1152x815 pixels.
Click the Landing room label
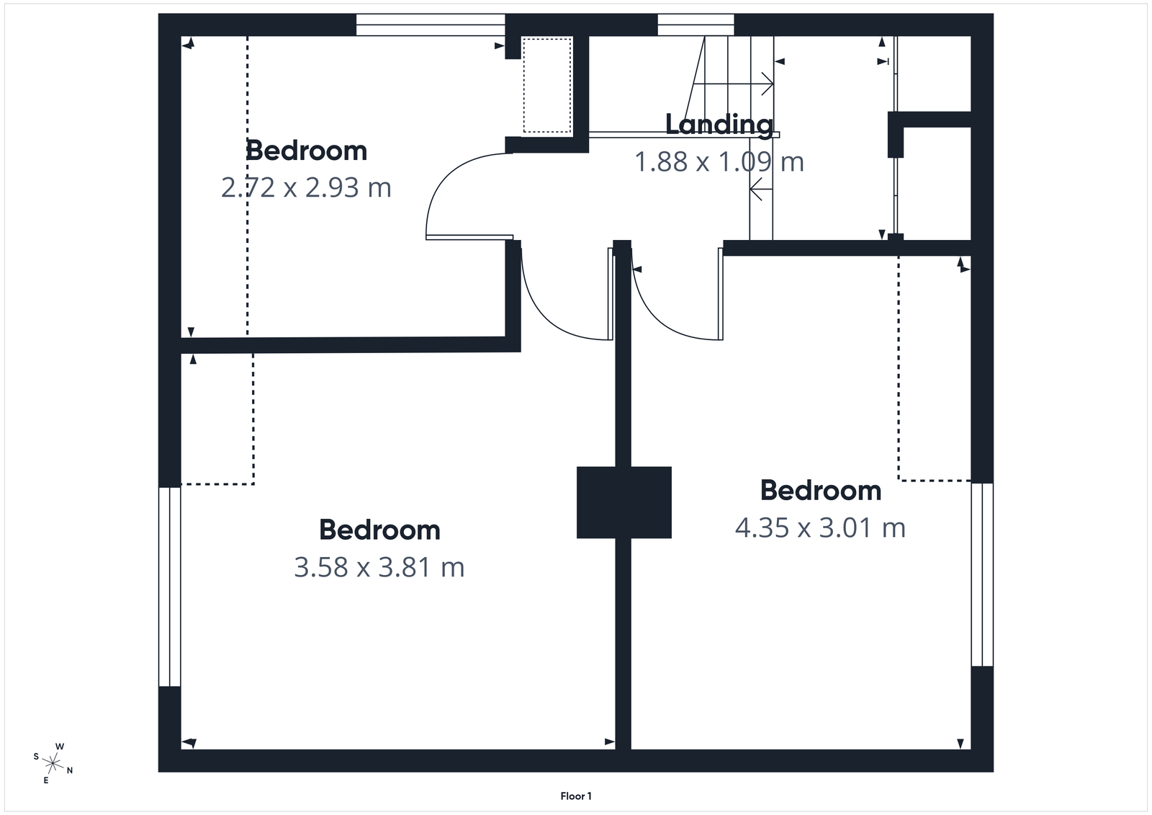[x=719, y=125]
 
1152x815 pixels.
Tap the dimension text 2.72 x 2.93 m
[x=306, y=188]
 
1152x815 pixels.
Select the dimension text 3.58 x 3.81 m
[x=379, y=568]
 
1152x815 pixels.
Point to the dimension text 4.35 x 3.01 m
[x=820, y=528]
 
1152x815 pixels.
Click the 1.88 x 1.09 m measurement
[x=719, y=162]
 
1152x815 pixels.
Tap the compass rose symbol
[x=53, y=762]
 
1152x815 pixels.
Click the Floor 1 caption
[x=576, y=796]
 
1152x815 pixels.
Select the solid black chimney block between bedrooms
[x=624, y=502]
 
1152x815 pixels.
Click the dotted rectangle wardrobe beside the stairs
[x=546, y=85]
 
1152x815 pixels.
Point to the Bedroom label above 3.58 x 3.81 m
[x=379, y=530]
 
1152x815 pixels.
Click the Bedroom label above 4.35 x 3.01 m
[x=820, y=491]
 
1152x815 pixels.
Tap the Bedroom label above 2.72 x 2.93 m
[x=306, y=151]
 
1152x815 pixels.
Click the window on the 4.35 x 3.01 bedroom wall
[x=982, y=574]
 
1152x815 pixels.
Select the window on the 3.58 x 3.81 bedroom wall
[x=169, y=587]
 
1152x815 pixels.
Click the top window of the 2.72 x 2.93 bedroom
[x=430, y=25]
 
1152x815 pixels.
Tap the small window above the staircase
[x=696, y=25]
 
